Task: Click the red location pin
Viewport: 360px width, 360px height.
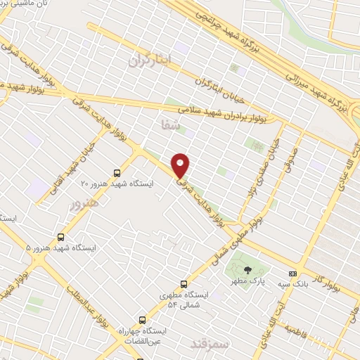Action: point(181,165)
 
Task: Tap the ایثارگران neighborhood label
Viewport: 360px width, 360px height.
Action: point(150,60)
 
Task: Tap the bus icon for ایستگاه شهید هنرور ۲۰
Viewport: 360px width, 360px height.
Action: point(117,172)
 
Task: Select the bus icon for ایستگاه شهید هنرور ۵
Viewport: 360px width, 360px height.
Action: point(61,237)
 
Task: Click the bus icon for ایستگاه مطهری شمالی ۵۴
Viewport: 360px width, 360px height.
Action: point(184,284)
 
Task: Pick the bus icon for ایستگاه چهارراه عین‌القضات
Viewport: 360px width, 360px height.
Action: point(143,319)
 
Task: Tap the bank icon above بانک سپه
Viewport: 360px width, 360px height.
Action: point(292,274)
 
